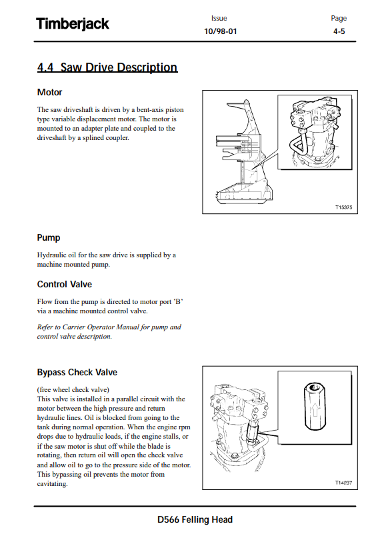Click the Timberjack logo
(x=73, y=24)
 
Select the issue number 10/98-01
(x=221, y=31)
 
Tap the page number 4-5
(x=339, y=31)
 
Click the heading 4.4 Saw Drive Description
(x=107, y=67)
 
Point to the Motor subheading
(x=49, y=92)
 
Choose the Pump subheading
(x=49, y=238)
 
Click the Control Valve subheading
(x=65, y=284)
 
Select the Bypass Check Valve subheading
(x=77, y=372)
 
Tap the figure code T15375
(x=343, y=207)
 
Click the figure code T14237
(x=343, y=483)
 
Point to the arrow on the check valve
(x=315, y=409)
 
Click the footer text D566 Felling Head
(x=195, y=519)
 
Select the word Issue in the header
(x=219, y=18)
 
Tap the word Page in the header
(x=339, y=18)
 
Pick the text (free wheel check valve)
(x=73, y=390)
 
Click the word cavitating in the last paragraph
(x=52, y=484)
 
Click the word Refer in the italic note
(x=45, y=327)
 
